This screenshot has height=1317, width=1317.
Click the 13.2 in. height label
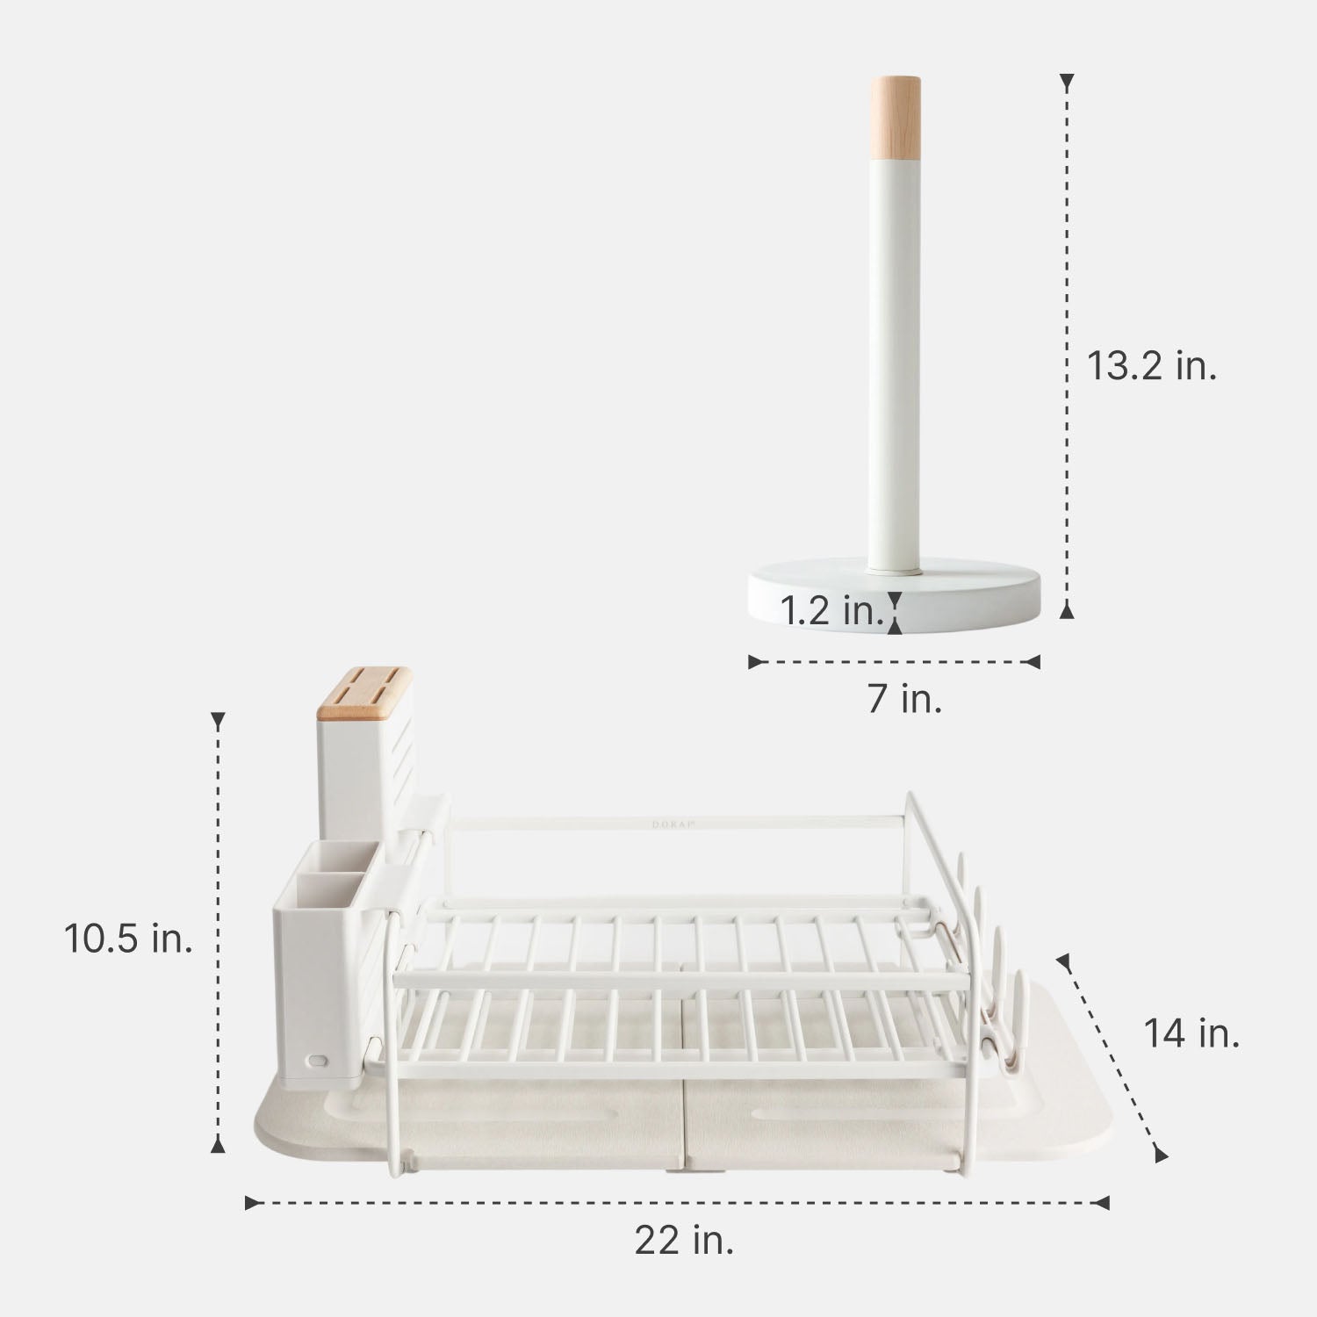coord(1151,365)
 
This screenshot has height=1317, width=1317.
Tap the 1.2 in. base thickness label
coord(831,610)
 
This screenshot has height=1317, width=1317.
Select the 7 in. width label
coord(904,699)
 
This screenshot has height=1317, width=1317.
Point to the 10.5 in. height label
coord(128,939)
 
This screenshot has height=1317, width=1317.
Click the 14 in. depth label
coord(1191,1033)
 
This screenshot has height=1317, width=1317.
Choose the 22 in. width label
coord(684,1241)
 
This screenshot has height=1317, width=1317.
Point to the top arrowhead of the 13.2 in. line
coord(1067,84)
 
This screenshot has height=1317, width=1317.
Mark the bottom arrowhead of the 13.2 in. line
coord(1067,611)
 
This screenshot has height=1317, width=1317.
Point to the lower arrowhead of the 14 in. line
coord(1160,1154)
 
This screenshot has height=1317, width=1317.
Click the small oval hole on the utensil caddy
coord(316,1060)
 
